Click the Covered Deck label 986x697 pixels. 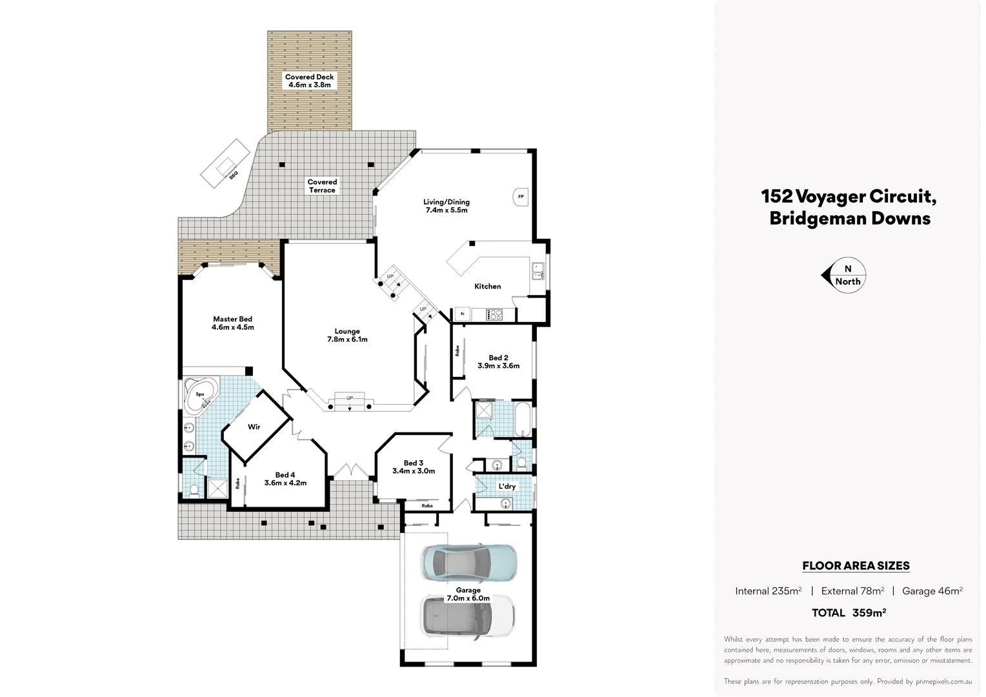pos(310,81)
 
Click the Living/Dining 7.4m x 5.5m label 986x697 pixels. pos(446,206)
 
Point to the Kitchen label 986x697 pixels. pos(487,286)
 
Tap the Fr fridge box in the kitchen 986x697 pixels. pos(462,315)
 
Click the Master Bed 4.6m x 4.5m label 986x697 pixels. pos(232,323)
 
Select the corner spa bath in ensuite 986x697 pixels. pos(202,395)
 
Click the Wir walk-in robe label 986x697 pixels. pos(254,427)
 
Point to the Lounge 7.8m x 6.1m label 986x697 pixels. pos(347,335)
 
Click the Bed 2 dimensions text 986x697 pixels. pos(498,366)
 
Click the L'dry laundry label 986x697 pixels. pos(507,486)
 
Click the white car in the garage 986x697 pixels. pos(468,616)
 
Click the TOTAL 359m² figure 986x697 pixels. pos(849,612)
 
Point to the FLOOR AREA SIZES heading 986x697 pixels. pos(856,566)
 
